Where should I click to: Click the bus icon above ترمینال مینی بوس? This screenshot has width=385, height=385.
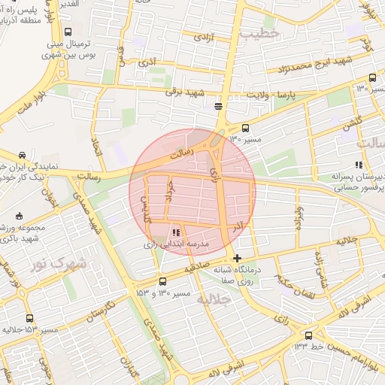(68, 32)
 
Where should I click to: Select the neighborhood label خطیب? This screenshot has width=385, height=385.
(259, 33)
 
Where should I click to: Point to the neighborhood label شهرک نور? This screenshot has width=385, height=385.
(59, 264)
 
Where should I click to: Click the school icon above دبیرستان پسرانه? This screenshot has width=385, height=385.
(359, 165)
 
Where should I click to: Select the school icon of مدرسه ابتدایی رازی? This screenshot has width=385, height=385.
(177, 232)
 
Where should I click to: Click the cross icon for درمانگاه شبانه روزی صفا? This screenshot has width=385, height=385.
(238, 259)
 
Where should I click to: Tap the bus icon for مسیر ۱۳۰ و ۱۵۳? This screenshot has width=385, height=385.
(162, 281)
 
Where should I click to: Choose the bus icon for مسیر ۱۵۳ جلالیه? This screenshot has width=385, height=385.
(29, 319)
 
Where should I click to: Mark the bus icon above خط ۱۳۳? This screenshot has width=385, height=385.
(308, 335)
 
